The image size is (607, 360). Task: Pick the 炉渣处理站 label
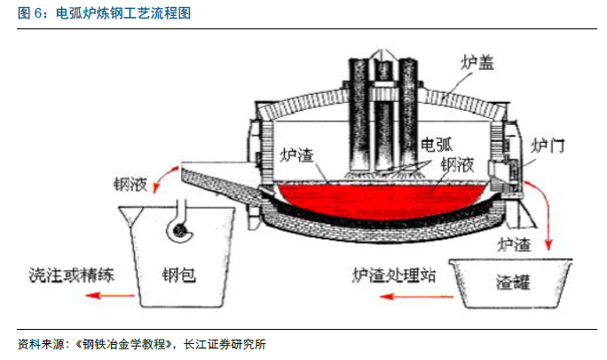[394, 275]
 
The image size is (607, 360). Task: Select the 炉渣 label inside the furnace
[296, 156]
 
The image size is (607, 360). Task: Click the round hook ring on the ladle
[182, 231]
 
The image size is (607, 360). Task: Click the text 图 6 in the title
[29, 15]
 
